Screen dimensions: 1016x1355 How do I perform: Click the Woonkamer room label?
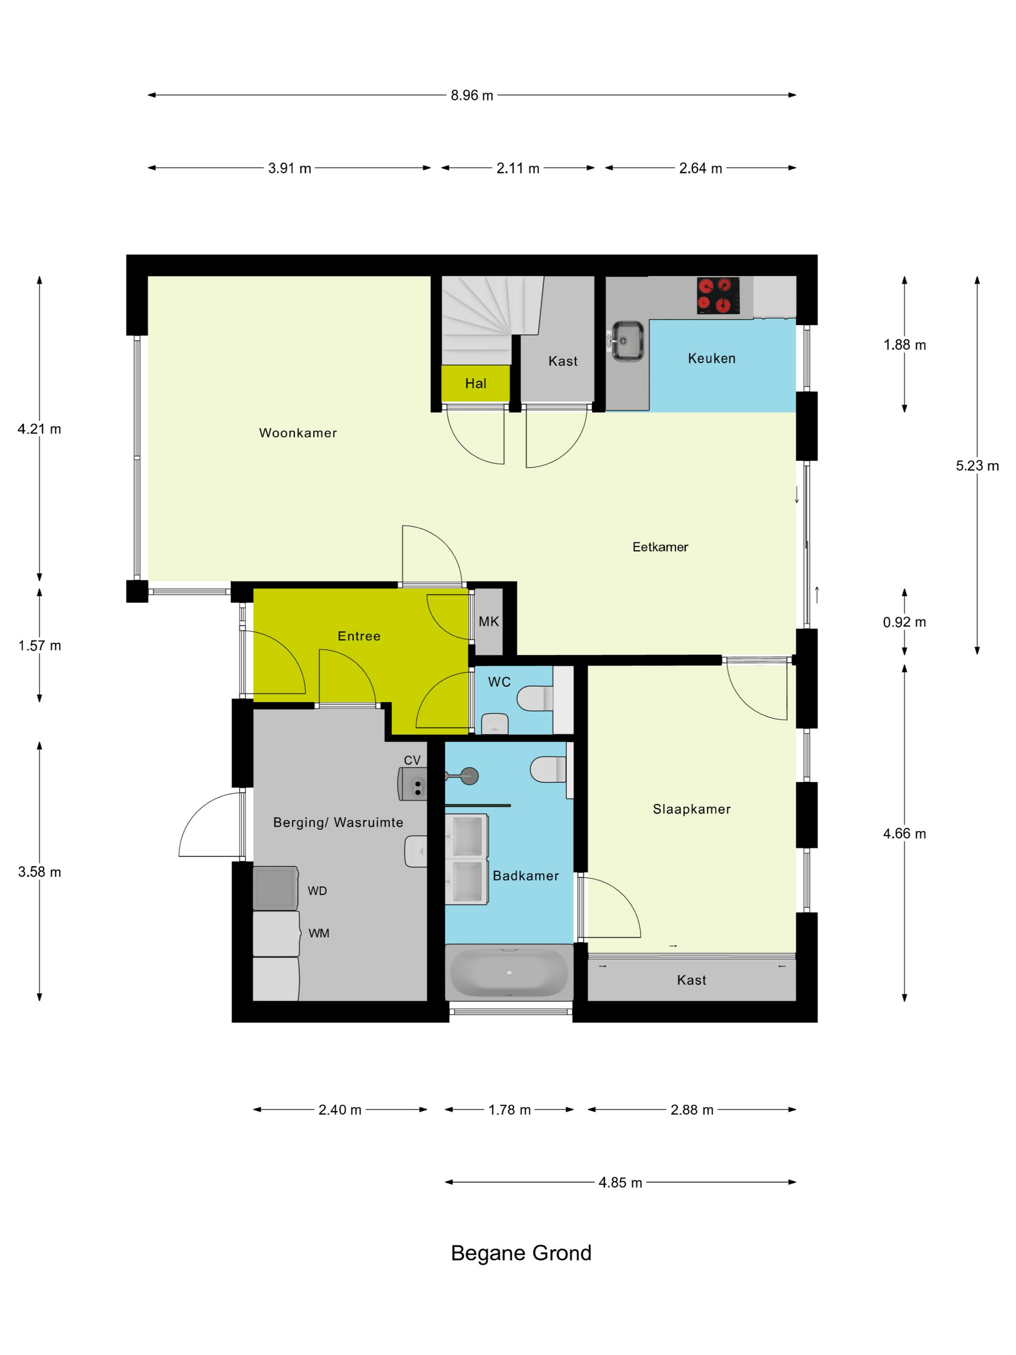[x=298, y=433]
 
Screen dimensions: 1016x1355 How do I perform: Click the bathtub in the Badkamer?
[x=509, y=973]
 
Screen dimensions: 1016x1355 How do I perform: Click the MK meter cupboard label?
[x=489, y=622]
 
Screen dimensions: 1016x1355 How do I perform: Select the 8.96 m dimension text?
[x=472, y=95]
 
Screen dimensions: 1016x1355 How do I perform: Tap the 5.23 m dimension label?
[x=977, y=466]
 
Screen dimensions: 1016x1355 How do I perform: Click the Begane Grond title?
[x=521, y=1253]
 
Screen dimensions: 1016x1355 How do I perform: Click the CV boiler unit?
[x=412, y=784]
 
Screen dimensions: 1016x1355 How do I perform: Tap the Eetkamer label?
[x=660, y=547]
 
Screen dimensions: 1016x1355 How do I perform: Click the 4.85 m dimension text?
[x=620, y=1183]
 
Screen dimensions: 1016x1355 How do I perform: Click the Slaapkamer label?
[x=691, y=809]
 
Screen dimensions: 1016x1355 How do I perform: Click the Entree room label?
[x=359, y=636]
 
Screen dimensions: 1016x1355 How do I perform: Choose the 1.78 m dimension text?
[x=509, y=1110]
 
